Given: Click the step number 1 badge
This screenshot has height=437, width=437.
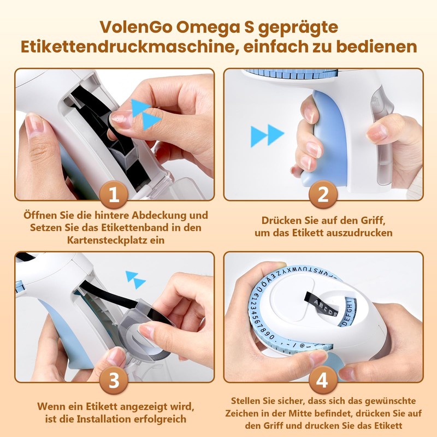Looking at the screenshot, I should coord(114,196).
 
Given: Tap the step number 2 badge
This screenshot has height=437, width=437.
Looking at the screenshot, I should coord(322,196).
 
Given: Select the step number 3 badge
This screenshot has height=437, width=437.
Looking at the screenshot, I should coord(114,381).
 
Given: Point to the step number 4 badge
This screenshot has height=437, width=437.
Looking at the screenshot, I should coord(322,381).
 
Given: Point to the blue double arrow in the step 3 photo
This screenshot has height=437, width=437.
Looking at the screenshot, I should coord(136,279).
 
